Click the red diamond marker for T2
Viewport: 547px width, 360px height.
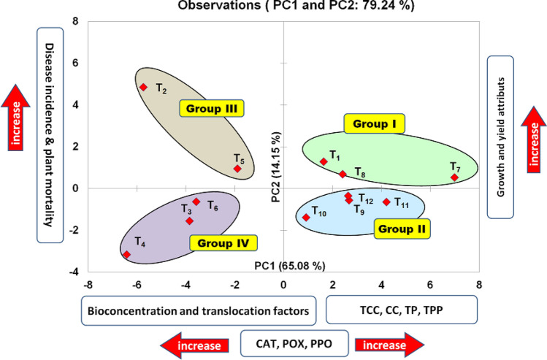click(x=143, y=88)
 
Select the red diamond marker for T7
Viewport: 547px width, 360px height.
click(x=454, y=177)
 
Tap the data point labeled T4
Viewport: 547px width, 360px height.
click(x=126, y=254)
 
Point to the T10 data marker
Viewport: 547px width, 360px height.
click(x=306, y=218)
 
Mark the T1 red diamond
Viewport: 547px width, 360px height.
click(x=324, y=161)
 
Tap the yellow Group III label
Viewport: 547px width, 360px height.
click(x=212, y=110)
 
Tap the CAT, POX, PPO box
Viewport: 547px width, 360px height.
click(x=283, y=342)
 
